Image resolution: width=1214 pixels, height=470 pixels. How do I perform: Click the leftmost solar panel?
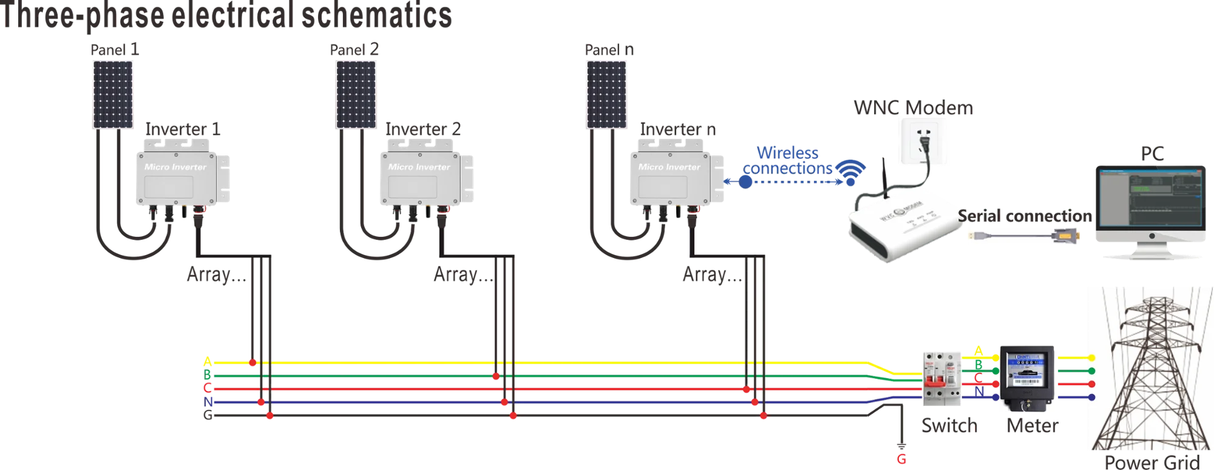[x=114, y=94]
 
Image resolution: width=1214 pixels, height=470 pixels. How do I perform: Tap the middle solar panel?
[x=355, y=94]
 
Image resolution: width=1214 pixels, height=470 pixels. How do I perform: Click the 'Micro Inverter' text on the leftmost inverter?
[x=175, y=167]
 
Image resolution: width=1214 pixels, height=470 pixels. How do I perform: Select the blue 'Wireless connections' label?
[x=787, y=160]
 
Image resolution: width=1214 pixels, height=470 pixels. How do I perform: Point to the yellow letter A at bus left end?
[x=208, y=363]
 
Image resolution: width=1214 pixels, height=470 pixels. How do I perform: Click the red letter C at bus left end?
[x=208, y=389]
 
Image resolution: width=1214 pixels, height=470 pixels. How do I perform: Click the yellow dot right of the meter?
[x=1092, y=358]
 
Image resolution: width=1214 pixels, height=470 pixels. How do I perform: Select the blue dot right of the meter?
[x=1092, y=398]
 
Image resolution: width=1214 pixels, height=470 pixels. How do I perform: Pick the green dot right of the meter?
[x=1092, y=371]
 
